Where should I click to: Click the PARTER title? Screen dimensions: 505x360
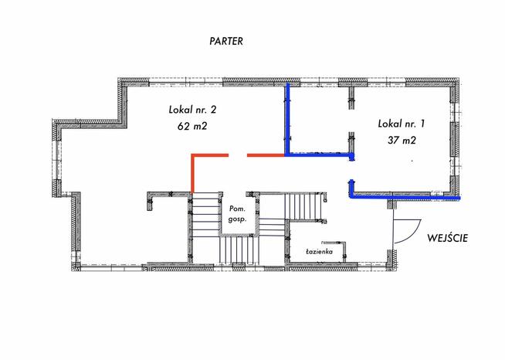[x=226, y=41]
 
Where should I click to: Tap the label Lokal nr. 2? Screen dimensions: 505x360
[x=192, y=110]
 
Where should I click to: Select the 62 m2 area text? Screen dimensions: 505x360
[x=192, y=126]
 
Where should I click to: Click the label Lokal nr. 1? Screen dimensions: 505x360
[x=402, y=124]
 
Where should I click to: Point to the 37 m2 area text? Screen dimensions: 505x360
[x=402, y=140]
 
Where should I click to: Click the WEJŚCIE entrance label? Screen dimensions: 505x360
[x=447, y=238]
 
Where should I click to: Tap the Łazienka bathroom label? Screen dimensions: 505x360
[x=319, y=252]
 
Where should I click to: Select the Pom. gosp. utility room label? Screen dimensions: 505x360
[x=237, y=214]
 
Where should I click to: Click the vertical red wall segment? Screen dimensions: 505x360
[x=192, y=174]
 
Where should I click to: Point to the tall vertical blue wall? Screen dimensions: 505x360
[x=287, y=119]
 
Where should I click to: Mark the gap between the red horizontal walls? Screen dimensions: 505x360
[x=238, y=155]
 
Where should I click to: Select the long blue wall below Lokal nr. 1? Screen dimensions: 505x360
[x=406, y=196]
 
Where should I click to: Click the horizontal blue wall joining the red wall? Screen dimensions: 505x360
[x=320, y=155]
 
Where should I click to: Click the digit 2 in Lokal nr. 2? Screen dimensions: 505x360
[x=213, y=110]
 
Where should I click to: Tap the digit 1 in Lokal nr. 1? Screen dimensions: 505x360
[x=422, y=124]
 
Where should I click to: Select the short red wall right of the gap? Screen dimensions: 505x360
[x=266, y=155]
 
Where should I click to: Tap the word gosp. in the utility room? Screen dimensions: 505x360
[x=237, y=220]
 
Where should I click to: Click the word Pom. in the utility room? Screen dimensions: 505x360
[x=237, y=209]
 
